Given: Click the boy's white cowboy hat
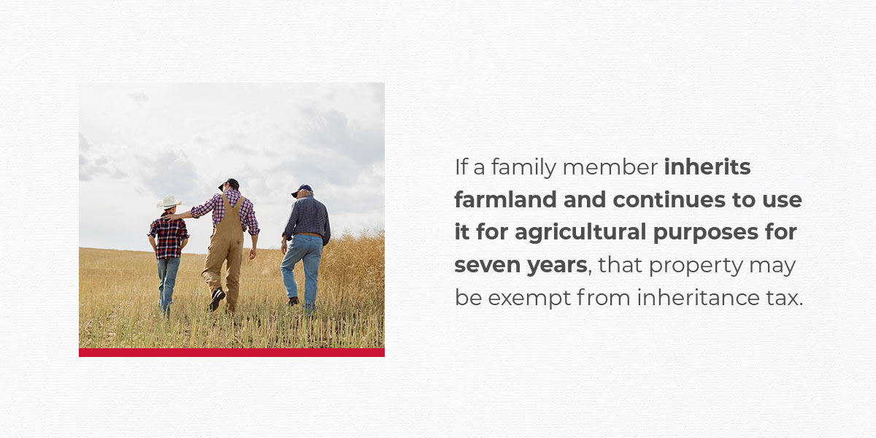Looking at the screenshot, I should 169,202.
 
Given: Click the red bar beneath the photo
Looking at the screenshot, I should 231,353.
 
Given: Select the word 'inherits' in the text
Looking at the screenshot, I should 707,167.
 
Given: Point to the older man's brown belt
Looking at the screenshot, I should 309,234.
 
